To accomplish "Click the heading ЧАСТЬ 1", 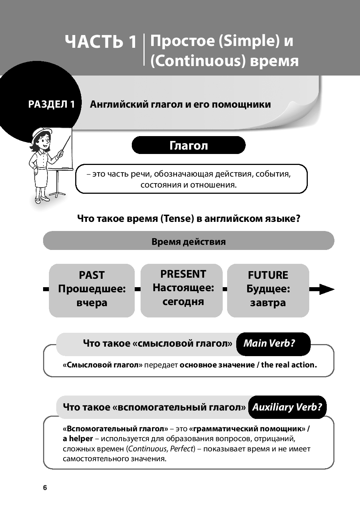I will [x=100, y=42].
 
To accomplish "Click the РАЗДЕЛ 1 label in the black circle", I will [x=51, y=104].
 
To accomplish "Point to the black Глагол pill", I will [x=188, y=145].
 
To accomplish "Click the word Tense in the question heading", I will [x=177, y=219].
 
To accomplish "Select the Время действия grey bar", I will [x=188, y=241].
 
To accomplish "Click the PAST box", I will [x=92, y=290].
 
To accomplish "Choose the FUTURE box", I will [x=268, y=290].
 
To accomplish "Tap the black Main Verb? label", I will [x=269, y=343].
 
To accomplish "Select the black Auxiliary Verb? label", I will [x=287, y=407].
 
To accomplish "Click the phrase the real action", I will [x=289, y=365].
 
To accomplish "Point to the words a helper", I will [x=78, y=439].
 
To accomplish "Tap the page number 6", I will [x=45, y=488].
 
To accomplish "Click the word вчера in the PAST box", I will [x=92, y=303].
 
